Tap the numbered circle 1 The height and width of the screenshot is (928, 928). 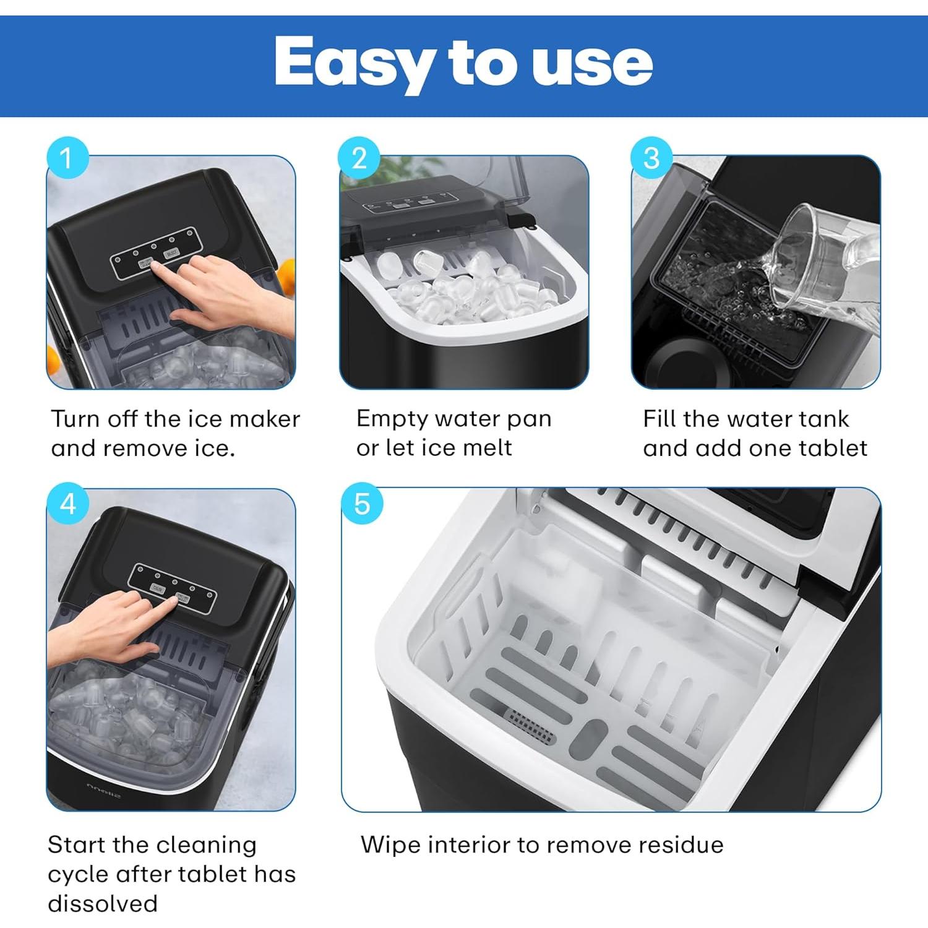pyautogui.click(x=67, y=158)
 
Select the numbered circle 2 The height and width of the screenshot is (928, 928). pyautogui.click(x=359, y=158)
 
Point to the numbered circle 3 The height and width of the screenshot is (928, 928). pyautogui.click(x=651, y=158)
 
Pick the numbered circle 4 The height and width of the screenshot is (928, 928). pyautogui.click(x=67, y=504)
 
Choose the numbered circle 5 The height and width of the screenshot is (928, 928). pyautogui.click(x=362, y=504)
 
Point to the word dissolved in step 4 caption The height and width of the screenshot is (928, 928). pyautogui.click(x=103, y=903)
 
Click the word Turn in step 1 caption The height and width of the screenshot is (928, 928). pyautogui.click(x=75, y=419)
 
